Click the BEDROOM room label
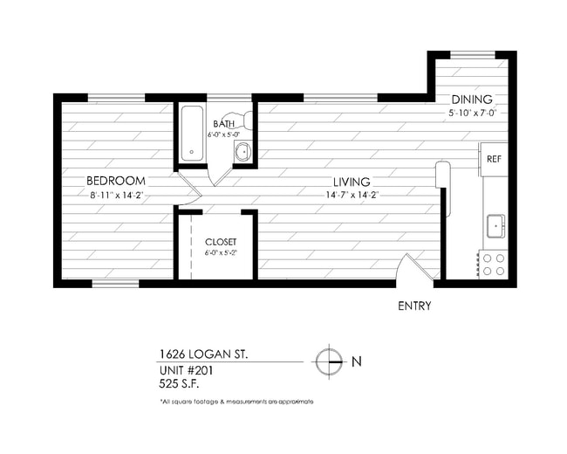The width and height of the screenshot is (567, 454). (115, 181)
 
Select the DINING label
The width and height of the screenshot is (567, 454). (471, 100)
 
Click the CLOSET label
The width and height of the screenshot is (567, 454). (221, 241)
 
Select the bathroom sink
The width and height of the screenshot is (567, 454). (243, 153)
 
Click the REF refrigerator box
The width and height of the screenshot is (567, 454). (494, 159)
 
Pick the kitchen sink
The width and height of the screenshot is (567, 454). (495, 225)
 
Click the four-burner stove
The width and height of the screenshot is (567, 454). (494, 265)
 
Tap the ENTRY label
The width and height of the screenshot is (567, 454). (413, 306)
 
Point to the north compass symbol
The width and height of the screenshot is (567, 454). (328, 361)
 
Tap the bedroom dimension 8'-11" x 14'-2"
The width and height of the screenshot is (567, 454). (115, 196)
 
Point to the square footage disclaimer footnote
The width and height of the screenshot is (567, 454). (236, 402)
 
